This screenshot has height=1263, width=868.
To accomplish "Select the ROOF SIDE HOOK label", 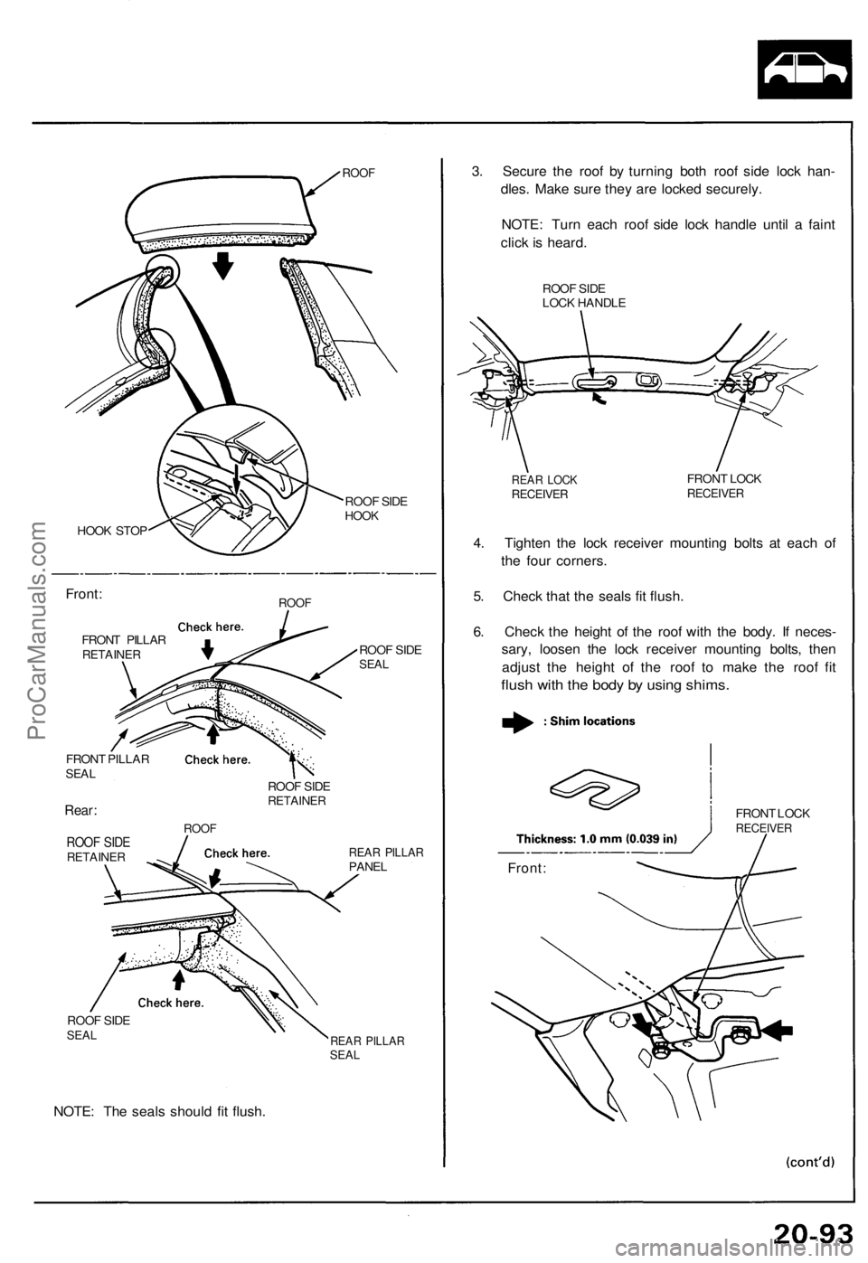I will coord(376,508).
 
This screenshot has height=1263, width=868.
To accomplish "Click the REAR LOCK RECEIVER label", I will coord(543,486).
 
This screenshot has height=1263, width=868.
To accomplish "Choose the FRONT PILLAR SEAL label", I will coord(108,766).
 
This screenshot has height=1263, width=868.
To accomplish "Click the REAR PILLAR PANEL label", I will coord(385,859).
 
